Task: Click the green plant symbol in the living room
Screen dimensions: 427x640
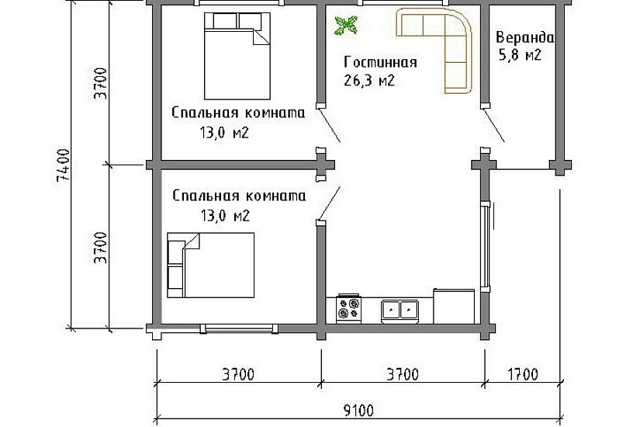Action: (345, 26)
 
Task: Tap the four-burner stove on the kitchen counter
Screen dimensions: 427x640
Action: (348, 308)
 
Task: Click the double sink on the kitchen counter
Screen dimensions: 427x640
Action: (400, 311)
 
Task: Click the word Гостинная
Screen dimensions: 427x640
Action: (380, 63)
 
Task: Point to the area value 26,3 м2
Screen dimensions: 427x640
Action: (368, 80)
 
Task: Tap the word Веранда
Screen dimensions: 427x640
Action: (525, 37)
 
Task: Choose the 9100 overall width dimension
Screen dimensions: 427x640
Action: (358, 410)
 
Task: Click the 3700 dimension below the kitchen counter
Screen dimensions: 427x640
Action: (402, 374)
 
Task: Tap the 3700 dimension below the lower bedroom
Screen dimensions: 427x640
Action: (238, 374)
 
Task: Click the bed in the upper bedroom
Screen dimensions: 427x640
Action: (236, 52)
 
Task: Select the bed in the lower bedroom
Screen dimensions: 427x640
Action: (211, 265)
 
